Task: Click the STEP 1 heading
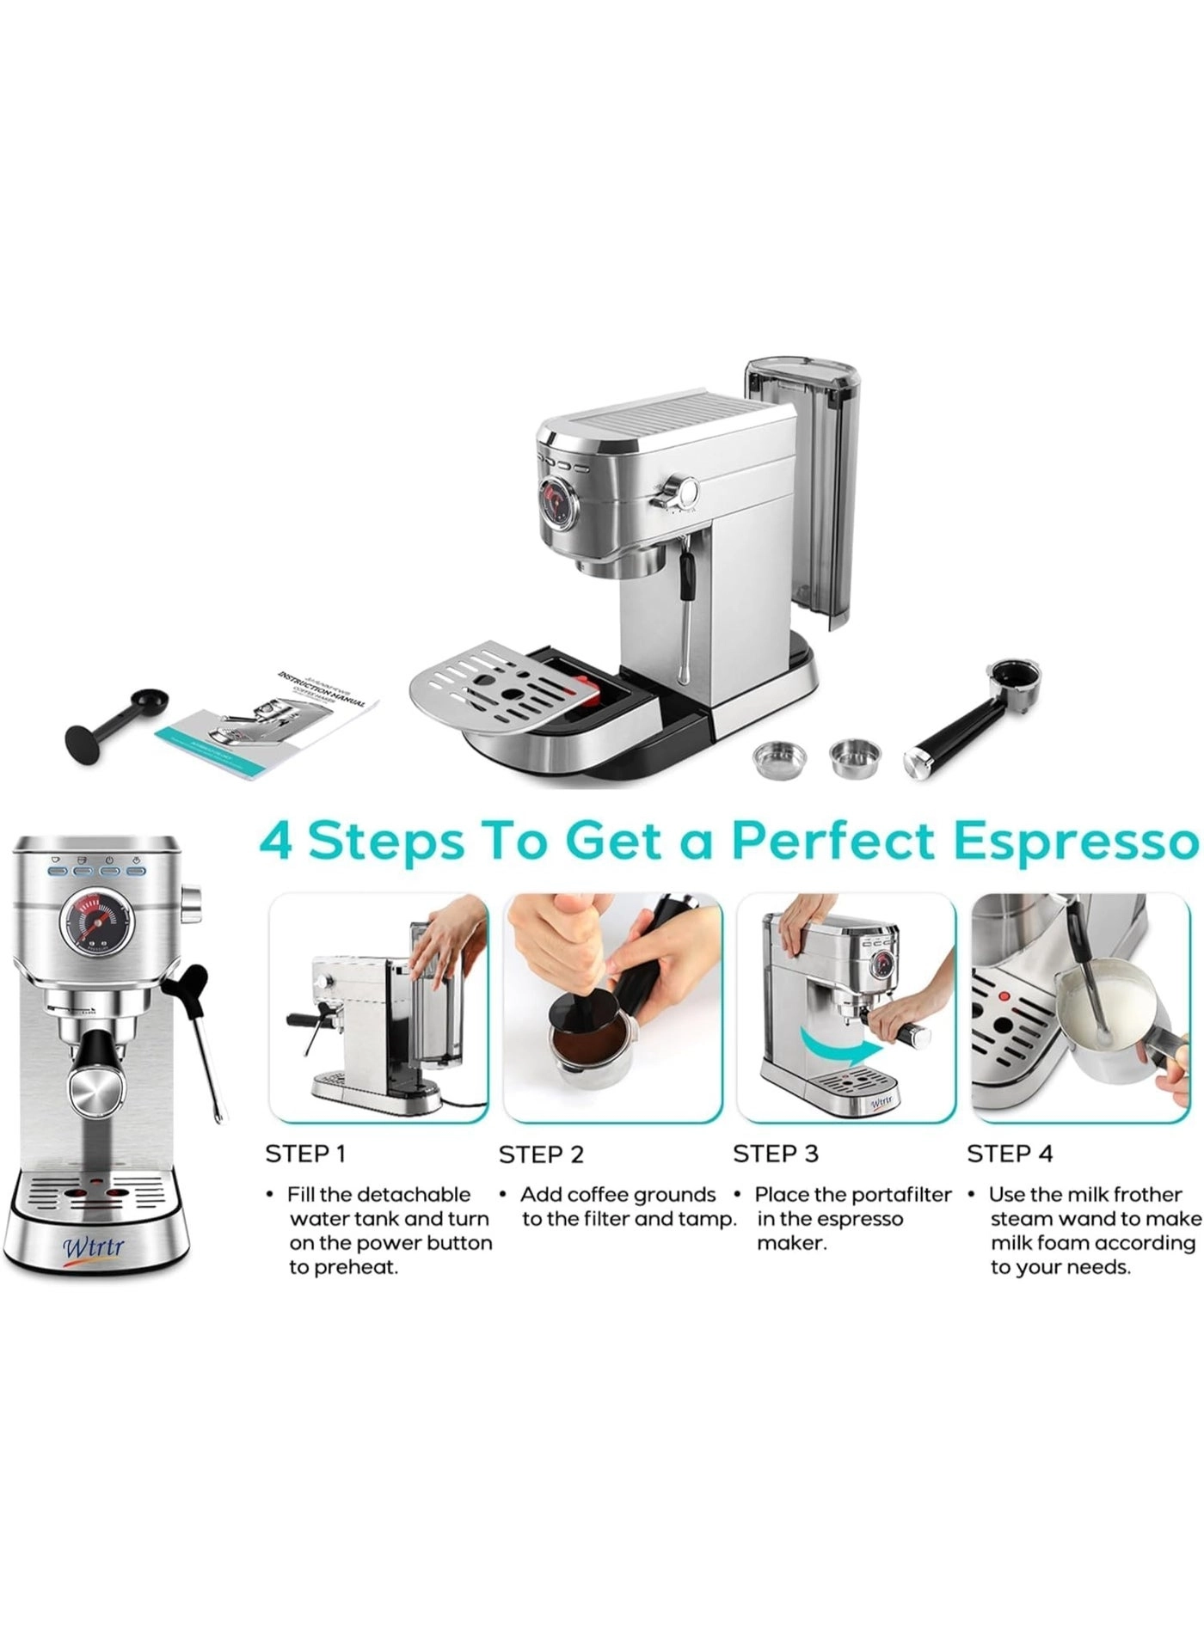click(x=305, y=1154)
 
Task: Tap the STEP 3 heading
click(x=775, y=1154)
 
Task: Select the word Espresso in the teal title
click(x=1077, y=842)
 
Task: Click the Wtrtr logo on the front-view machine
click(x=93, y=1246)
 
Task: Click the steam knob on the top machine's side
click(x=684, y=491)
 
